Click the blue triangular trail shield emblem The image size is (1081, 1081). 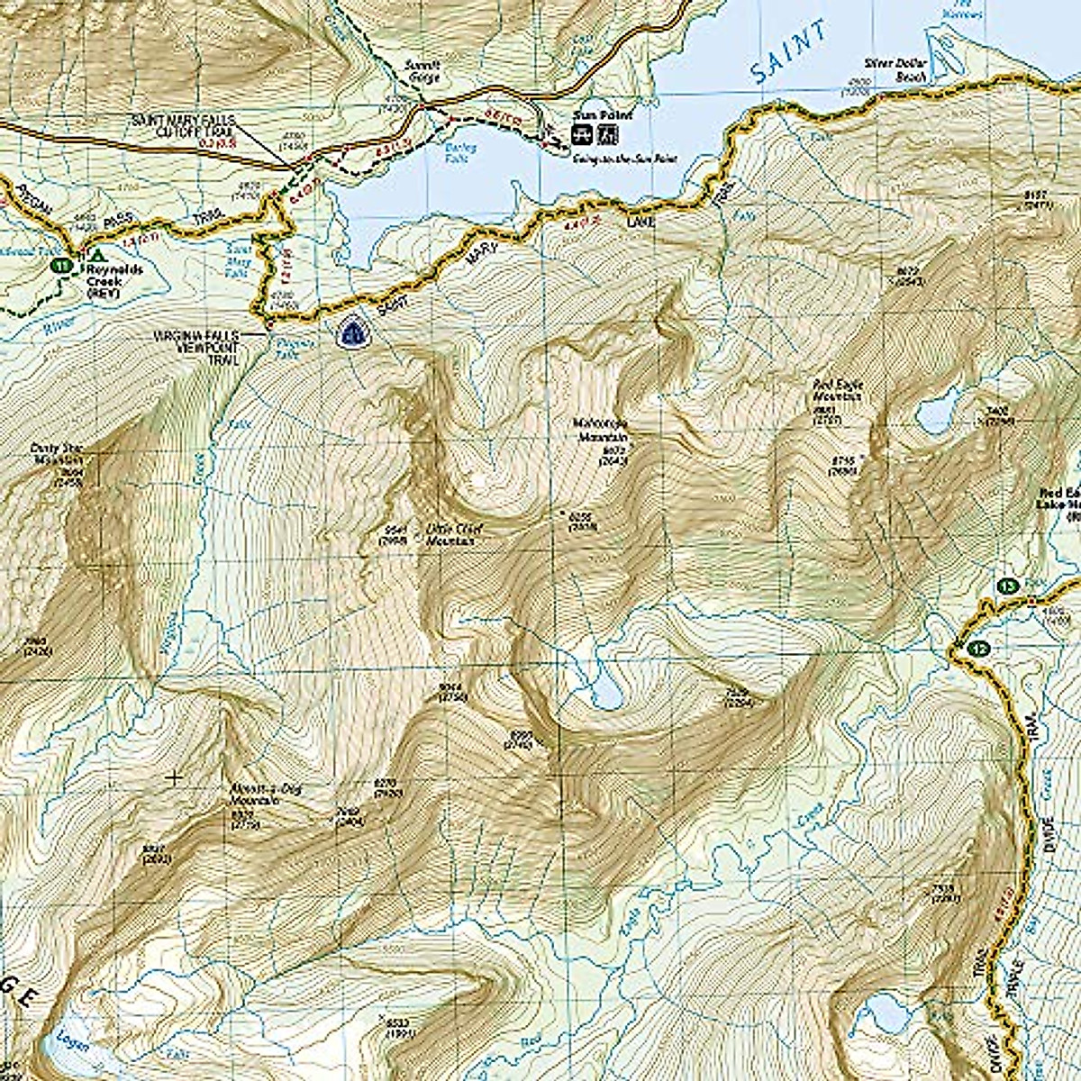350,332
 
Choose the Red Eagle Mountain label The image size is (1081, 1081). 837,389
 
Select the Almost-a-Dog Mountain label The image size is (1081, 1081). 250,794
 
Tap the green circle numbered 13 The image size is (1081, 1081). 1008,586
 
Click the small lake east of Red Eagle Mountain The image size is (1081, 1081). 940,413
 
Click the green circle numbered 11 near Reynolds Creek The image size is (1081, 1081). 60,266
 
